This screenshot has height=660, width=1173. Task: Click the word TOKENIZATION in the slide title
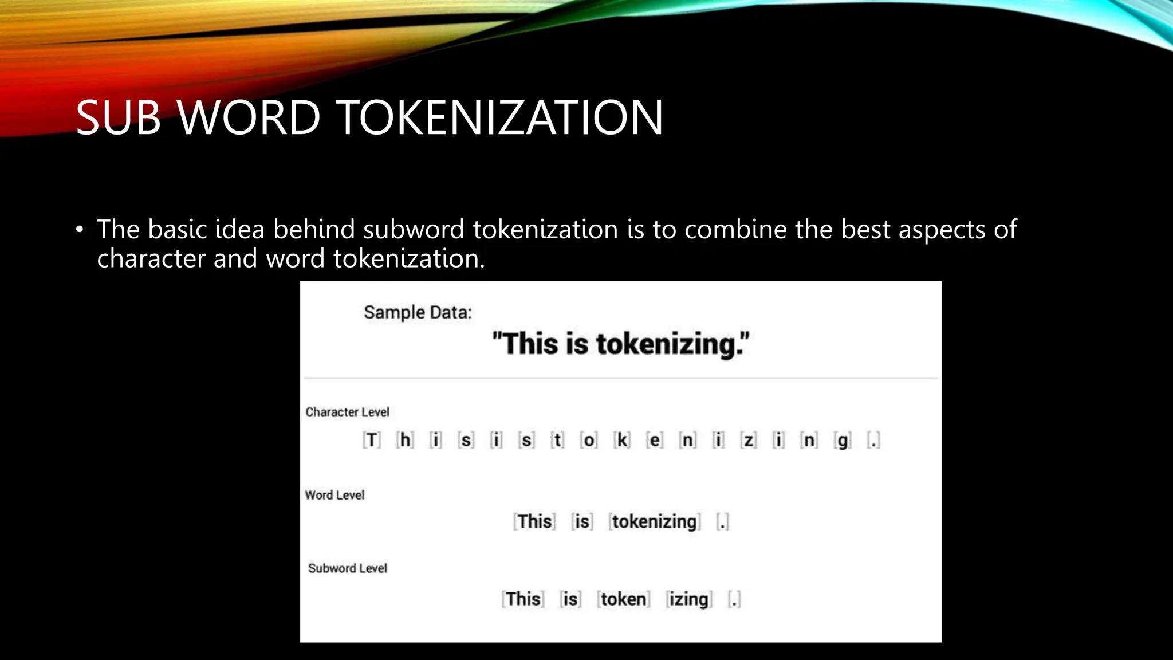coord(502,117)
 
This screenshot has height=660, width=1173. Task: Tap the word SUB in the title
coord(119,117)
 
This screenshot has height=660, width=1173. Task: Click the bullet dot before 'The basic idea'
coord(80,230)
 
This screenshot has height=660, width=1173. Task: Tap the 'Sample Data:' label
coord(418,312)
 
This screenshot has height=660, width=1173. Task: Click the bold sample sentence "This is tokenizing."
coord(621,344)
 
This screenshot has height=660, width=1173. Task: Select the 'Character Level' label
coord(347,412)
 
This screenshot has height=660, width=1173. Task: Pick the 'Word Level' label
coord(334,495)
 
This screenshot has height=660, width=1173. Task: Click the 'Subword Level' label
coord(348,568)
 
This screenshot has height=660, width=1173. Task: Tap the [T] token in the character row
coord(372,440)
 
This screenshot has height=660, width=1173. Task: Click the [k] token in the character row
coord(622,440)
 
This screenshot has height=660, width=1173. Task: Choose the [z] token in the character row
coord(749,440)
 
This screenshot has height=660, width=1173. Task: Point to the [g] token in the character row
coord(843,441)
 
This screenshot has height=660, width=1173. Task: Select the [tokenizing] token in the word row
coord(655,522)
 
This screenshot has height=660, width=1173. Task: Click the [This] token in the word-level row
coord(535,522)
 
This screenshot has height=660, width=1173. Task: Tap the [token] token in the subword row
coord(623,599)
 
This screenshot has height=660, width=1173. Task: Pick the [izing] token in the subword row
coord(689,599)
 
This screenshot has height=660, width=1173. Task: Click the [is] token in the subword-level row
coord(570,599)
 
